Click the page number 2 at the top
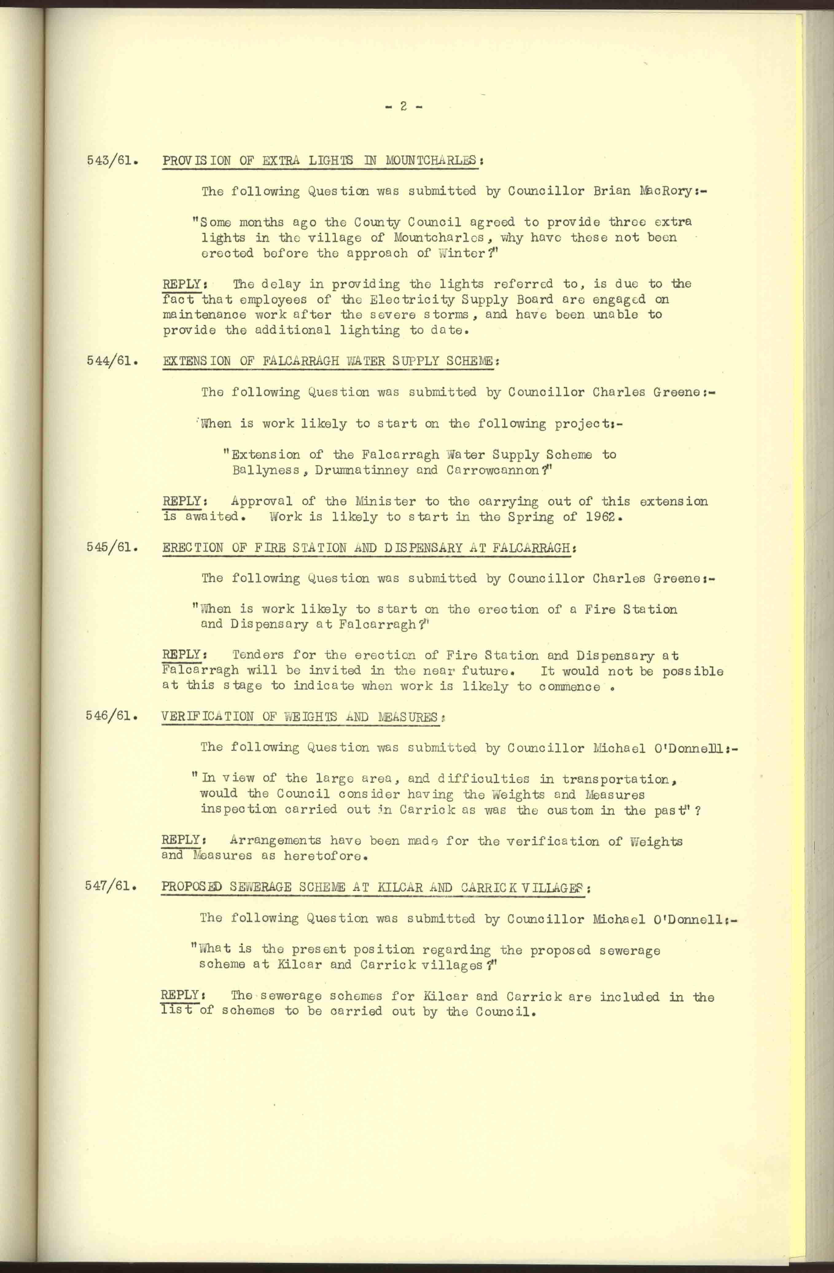(x=403, y=107)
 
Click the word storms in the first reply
(x=446, y=315)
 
